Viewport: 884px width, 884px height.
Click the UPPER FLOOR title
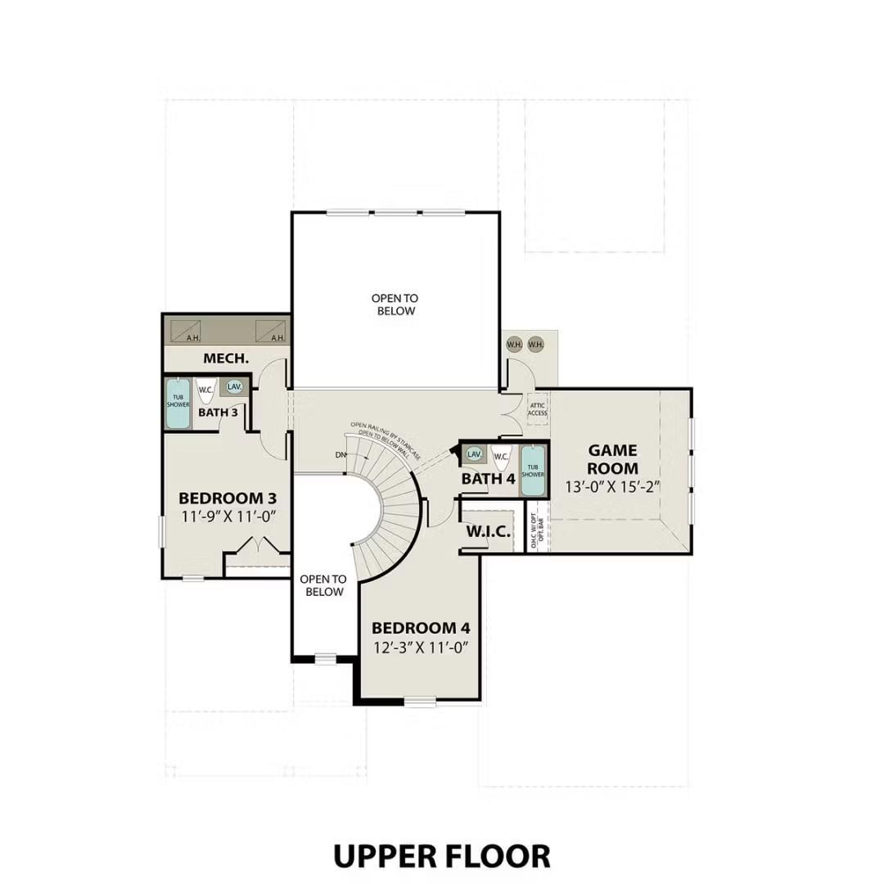pos(441,855)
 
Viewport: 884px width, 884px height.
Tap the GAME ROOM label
pos(613,459)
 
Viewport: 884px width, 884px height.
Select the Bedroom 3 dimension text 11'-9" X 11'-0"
pos(228,516)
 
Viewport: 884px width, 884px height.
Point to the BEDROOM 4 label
pos(421,628)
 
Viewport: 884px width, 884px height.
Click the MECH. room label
pos(226,359)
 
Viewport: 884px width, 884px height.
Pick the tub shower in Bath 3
pos(178,403)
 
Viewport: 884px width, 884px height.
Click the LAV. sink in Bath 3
pos(235,387)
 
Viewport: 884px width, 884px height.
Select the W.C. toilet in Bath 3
pos(205,390)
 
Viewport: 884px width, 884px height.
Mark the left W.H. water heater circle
pos(514,345)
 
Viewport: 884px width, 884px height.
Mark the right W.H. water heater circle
pos(535,345)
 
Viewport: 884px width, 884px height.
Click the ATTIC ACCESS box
pos(538,408)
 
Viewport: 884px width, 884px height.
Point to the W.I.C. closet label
pos(489,533)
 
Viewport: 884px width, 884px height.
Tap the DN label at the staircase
pos(341,454)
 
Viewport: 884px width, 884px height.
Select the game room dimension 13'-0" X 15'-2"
pos(613,486)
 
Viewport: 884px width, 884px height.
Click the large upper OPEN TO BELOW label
pos(395,304)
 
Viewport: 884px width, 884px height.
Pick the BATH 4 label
pos(488,479)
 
